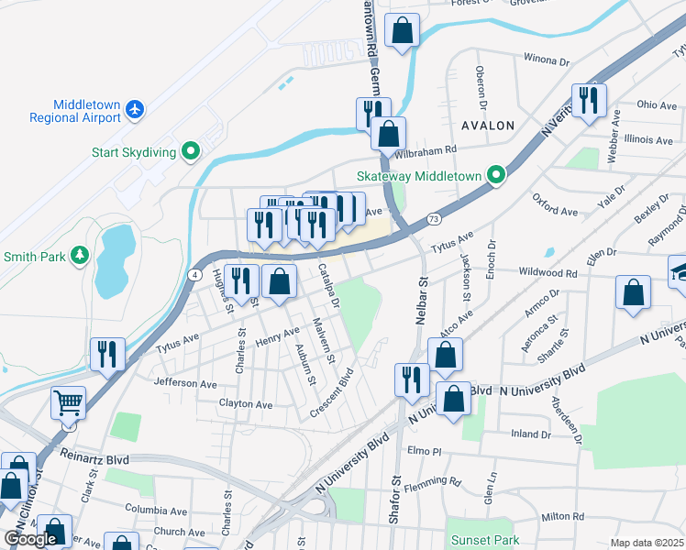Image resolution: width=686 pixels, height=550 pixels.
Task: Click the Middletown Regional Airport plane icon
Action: (136, 109)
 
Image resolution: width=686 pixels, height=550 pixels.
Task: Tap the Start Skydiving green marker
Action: (191, 150)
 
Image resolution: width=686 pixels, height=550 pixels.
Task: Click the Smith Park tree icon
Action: (80, 256)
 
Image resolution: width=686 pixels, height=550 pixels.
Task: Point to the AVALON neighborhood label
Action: (487, 125)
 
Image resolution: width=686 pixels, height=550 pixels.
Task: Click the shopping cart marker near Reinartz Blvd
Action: (69, 403)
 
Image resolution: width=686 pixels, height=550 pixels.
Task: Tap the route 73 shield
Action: (434, 219)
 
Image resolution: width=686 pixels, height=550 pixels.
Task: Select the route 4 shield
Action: (195, 274)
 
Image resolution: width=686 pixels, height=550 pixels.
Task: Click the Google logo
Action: (30, 539)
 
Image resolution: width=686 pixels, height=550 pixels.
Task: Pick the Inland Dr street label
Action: (531, 434)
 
